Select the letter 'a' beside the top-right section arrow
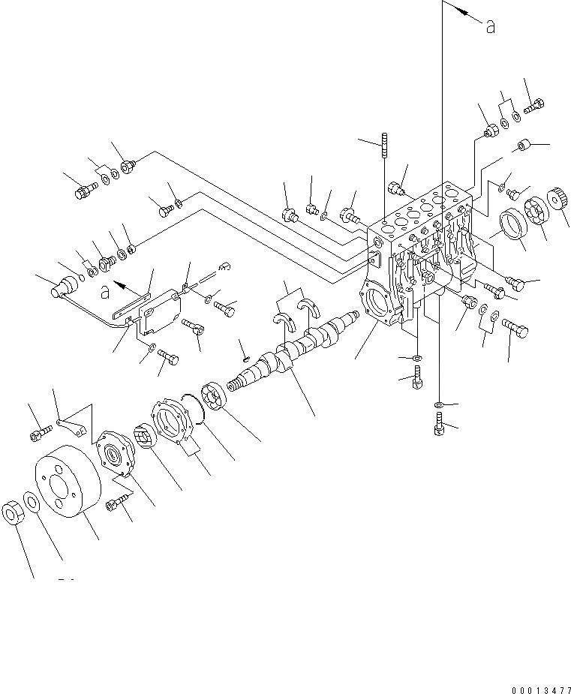[490, 27]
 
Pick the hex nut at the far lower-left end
[14, 513]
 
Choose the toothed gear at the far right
[557, 201]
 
